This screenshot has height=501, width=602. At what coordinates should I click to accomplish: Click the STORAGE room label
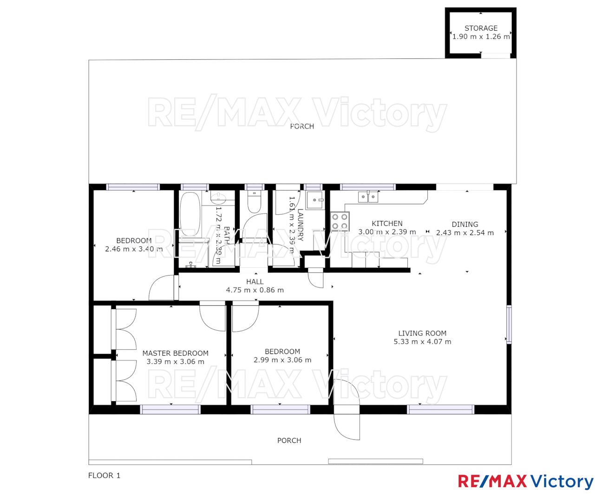coord(481,28)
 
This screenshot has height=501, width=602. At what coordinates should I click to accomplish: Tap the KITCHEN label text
coord(387,224)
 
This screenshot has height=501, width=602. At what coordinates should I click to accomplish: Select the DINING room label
coord(465,225)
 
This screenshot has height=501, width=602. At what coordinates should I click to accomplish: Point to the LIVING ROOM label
coord(422,333)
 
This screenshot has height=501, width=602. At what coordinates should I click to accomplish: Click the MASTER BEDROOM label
coord(175,353)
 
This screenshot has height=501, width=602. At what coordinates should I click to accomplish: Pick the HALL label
coord(255,282)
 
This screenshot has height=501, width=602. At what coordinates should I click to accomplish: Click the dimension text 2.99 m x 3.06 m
coord(282,360)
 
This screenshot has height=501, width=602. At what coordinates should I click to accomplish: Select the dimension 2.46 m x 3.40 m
coord(134,249)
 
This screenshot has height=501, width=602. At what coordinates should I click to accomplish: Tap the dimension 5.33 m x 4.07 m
coord(422,342)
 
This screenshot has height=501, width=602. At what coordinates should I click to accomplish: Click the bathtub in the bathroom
coord(190,214)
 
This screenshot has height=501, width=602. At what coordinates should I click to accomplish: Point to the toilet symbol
coord(254,202)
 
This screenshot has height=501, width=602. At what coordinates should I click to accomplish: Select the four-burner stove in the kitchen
coord(340,222)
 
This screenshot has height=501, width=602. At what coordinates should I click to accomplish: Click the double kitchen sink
coord(368,197)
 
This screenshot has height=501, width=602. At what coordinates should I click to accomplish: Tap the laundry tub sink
coord(314,200)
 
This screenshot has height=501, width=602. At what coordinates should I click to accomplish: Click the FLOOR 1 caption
coord(104,475)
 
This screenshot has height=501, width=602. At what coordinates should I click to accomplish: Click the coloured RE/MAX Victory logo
coord(525,482)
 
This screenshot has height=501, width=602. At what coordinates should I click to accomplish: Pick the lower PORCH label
coord(289,441)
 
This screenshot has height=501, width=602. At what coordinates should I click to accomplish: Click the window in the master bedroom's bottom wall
coord(170,410)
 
